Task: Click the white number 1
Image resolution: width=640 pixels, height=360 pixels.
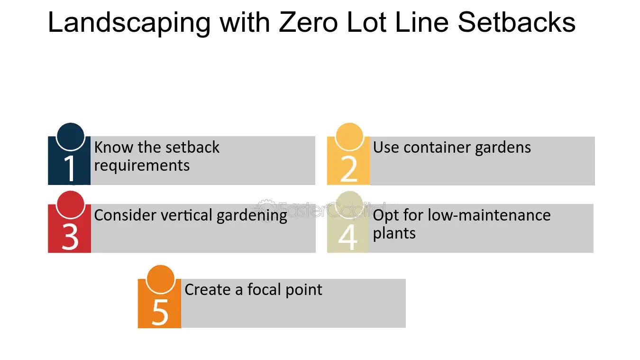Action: click(x=70, y=168)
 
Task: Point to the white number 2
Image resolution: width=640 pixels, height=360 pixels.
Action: click(x=348, y=168)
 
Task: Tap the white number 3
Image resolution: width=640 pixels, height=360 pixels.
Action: click(x=70, y=236)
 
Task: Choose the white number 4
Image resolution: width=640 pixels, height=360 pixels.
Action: click(x=347, y=236)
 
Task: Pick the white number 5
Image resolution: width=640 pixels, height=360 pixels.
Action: click(x=160, y=311)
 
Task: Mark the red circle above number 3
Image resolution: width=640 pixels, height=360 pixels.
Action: click(x=71, y=204)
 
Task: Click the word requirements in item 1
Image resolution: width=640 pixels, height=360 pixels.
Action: click(x=142, y=166)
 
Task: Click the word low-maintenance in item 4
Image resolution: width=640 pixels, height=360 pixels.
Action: click(x=489, y=215)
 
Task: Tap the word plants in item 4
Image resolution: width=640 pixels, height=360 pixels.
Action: click(x=394, y=233)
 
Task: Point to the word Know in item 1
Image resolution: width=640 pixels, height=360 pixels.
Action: click(x=114, y=148)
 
